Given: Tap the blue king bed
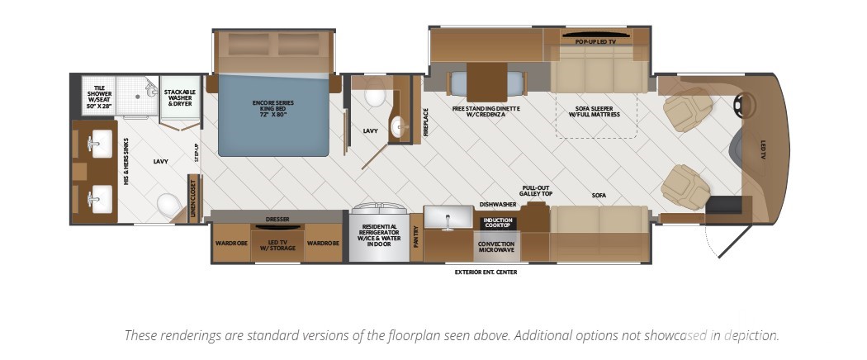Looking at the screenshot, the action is coord(273,115).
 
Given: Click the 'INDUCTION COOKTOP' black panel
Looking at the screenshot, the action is coord(498,224).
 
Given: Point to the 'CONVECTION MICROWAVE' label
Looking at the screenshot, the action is coord(496,247).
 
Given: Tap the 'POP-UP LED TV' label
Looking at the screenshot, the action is coord(595,42).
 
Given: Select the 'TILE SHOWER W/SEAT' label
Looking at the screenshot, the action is coord(99,97).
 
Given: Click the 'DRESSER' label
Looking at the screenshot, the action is coord(277,219).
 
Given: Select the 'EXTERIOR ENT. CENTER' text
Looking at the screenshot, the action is coord(486,272).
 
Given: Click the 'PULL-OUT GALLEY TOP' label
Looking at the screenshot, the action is coord(535,192).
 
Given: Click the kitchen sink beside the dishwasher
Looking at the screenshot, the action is coord(448,217).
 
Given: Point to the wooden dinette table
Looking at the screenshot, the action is coord(486,83).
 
